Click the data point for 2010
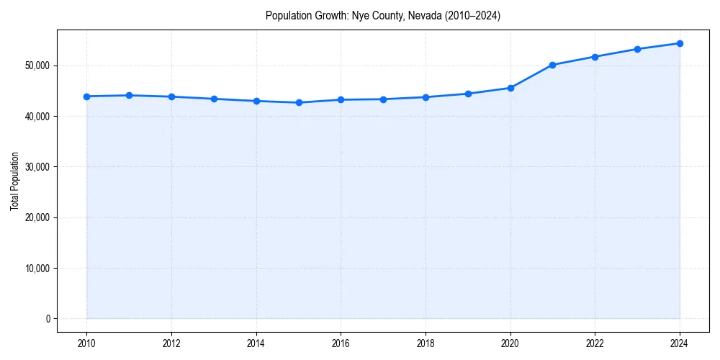tap(86, 96)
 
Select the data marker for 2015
tap(299, 102)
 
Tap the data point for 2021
tap(552, 65)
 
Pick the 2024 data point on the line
tap(680, 43)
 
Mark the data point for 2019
tap(468, 94)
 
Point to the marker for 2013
tap(214, 99)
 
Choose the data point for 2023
tap(637, 49)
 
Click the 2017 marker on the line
tap(383, 99)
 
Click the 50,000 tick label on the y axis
tap(37, 66)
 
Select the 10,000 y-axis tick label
tap(37, 269)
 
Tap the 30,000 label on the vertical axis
tap(37, 167)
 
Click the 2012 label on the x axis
tap(171, 343)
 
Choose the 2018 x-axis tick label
tap(426, 343)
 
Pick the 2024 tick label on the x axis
tap(680, 343)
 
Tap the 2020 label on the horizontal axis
tap(510, 343)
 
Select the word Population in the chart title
tap(286, 15)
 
